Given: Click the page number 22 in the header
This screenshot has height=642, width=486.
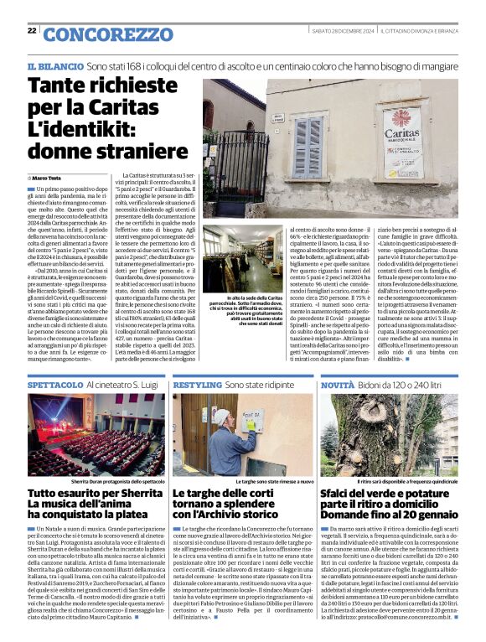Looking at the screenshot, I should point(31,30).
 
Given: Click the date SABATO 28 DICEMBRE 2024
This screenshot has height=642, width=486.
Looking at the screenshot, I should point(339,30).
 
